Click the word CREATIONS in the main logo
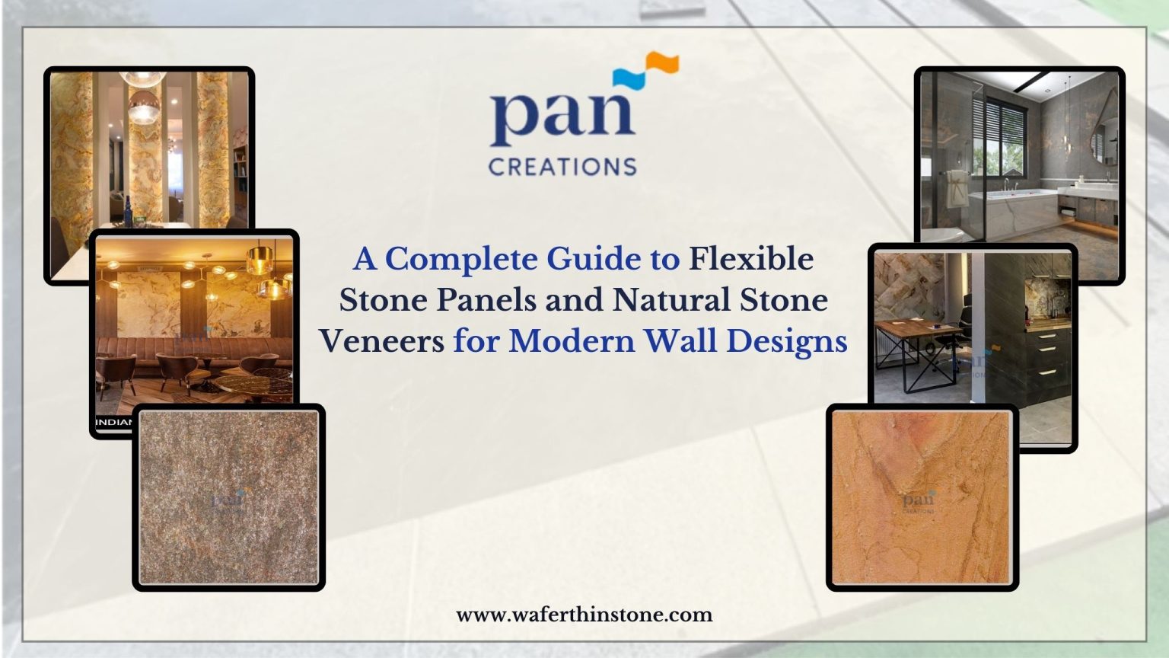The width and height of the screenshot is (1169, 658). click(x=562, y=166)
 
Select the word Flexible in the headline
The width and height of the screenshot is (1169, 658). click(x=750, y=260)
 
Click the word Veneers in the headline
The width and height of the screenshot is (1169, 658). click(x=381, y=340)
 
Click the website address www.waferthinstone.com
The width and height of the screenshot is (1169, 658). click(x=584, y=615)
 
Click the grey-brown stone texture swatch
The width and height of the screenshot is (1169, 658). click(x=229, y=497)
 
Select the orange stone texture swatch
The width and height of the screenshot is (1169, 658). click(x=922, y=497)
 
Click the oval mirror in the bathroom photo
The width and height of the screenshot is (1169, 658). click(x=1105, y=137)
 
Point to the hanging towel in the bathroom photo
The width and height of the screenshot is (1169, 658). click(x=957, y=187)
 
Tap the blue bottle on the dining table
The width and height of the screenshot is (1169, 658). click(x=129, y=211)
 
